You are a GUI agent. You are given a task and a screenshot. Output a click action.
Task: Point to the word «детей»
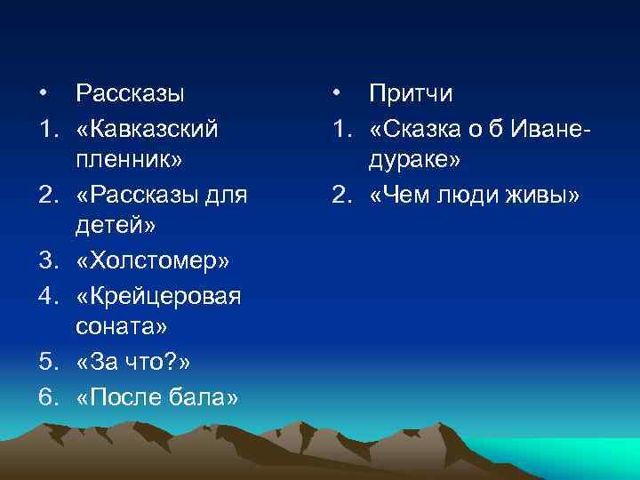coord(125,227)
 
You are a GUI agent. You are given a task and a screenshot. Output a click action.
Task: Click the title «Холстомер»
coord(154,261)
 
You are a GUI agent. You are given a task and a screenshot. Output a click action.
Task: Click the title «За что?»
coord(132,363)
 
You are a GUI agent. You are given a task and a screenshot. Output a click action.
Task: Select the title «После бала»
coord(157,397)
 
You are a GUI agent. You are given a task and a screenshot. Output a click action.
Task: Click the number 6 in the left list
coord(44,397)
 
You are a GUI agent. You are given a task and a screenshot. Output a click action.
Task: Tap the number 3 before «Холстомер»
coord(44,261)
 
